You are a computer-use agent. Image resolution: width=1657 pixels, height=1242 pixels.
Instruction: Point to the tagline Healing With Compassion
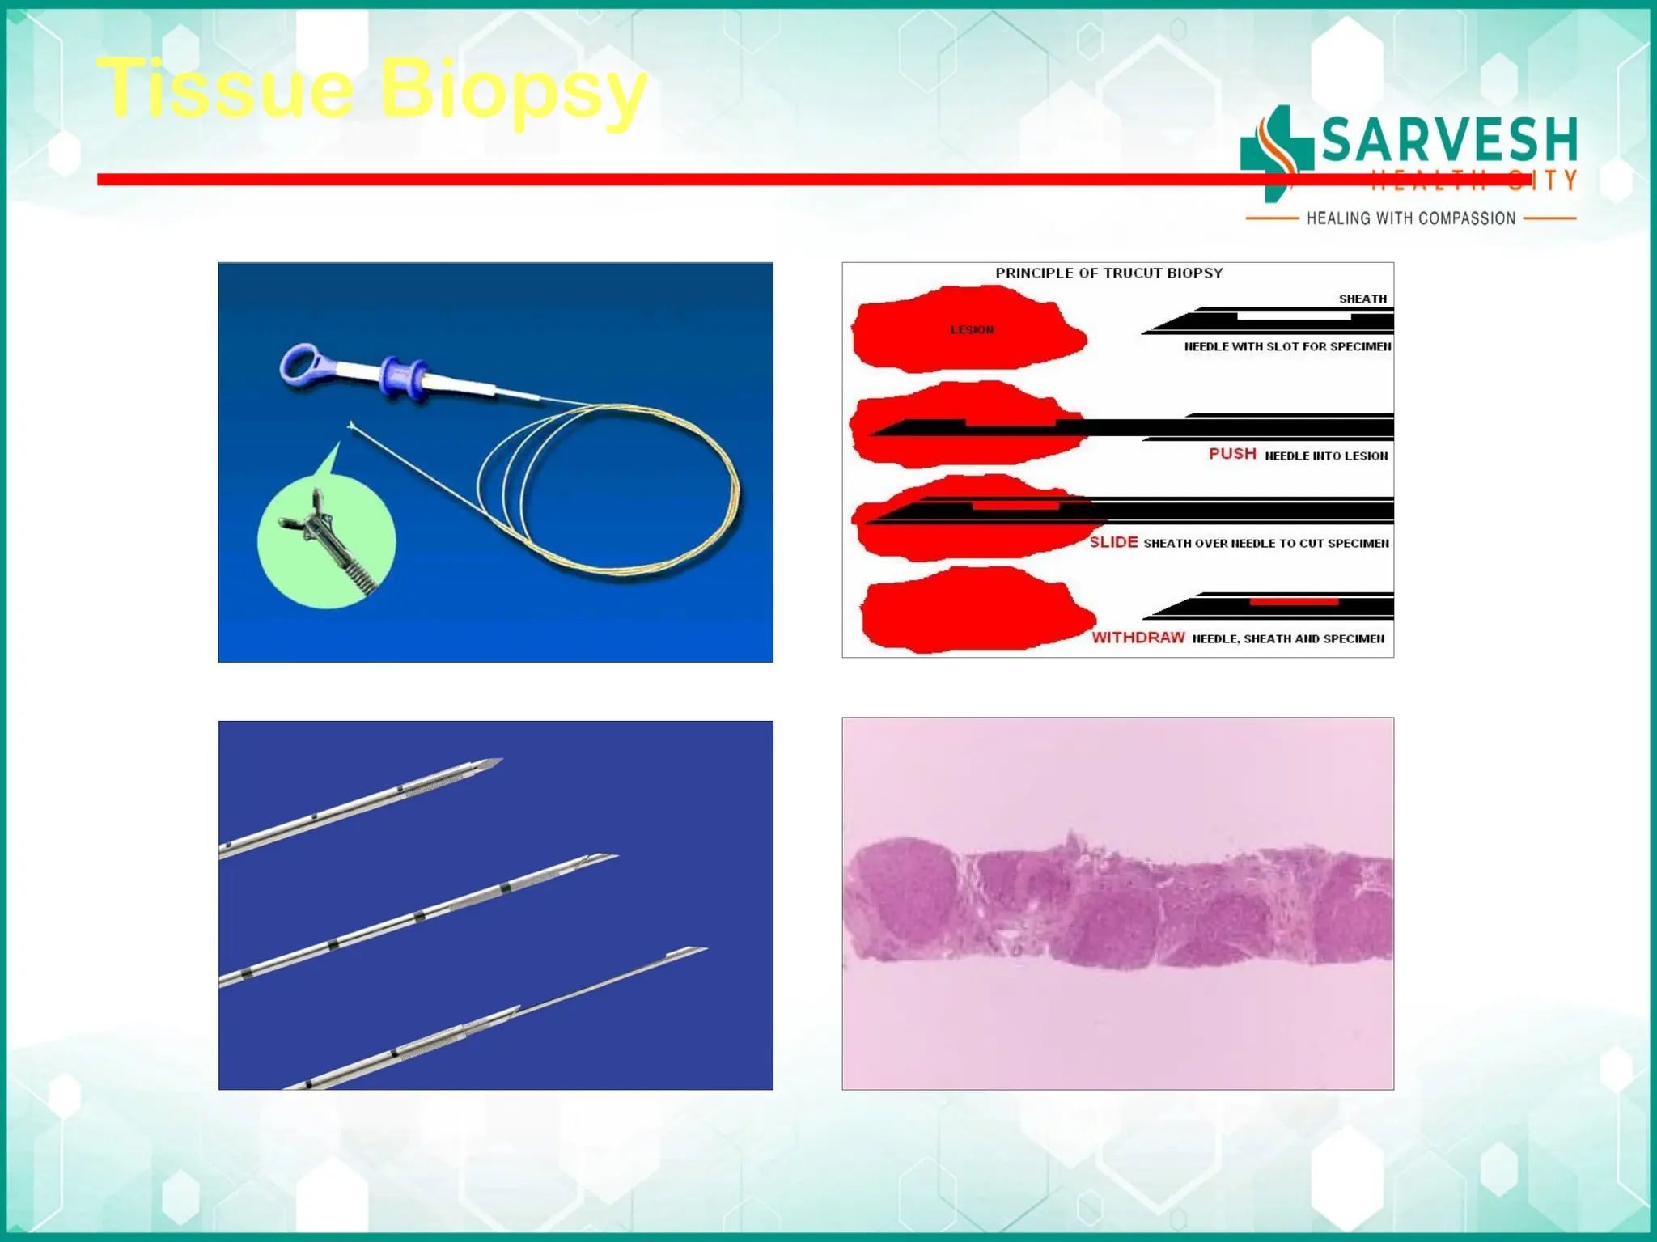click(1410, 218)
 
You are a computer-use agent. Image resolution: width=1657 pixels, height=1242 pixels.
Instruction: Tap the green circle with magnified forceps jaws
click(326, 540)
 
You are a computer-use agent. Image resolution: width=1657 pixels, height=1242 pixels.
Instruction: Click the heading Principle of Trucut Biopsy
click(1108, 273)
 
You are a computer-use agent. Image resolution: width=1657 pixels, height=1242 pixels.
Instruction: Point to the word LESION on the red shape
click(972, 330)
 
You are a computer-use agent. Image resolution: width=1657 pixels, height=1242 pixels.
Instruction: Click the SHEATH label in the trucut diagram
click(1362, 299)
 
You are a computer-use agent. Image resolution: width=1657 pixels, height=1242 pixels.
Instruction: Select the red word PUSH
click(1232, 454)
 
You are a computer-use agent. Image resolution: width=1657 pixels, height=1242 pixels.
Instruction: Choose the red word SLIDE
click(1113, 542)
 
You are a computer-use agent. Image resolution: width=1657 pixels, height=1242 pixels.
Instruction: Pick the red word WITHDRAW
click(1138, 638)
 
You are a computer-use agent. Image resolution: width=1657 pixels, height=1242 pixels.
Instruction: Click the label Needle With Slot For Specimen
click(1287, 346)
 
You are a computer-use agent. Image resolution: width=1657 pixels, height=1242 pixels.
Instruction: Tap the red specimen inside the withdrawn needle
click(1293, 602)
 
